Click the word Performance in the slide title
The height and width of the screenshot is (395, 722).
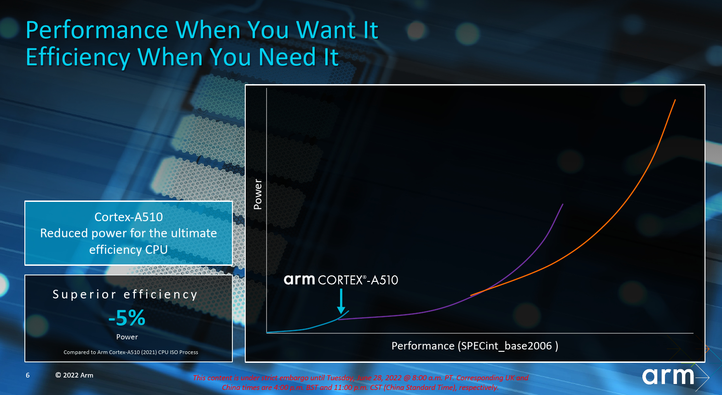(x=97, y=30)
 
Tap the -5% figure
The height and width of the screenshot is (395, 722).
(x=127, y=318)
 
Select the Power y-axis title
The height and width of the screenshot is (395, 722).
(x=258, y=194)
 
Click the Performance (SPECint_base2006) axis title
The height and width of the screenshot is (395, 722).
(x=475, y=346)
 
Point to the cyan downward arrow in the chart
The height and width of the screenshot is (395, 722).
(x=341, y=301)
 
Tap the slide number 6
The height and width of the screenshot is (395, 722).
(x=28, y=375)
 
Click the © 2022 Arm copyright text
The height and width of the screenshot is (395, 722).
(x=74, y=375)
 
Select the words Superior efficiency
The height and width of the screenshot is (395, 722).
(x=125, y=294)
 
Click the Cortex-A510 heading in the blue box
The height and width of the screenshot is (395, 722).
(x=128, y=217)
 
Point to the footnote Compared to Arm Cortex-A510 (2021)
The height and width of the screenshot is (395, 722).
(x=131, y=352)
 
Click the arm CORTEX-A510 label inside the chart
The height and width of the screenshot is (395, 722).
(x=341, y=280)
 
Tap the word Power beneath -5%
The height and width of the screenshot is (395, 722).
(x=127, y=337)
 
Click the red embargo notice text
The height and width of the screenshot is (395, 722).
(x=360, y=383)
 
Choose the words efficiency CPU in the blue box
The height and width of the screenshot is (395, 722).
(x=128, y=250)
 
